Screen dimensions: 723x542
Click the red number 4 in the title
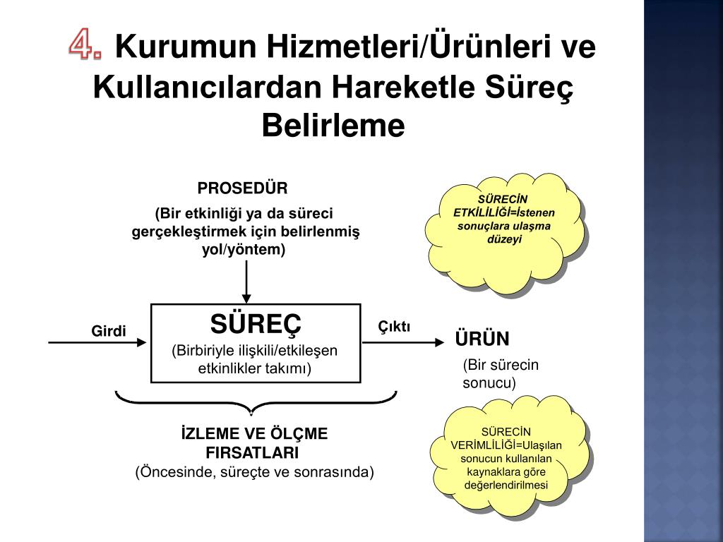[85, 47]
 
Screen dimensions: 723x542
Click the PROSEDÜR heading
[243, 188]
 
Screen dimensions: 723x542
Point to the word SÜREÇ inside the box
[256, 324]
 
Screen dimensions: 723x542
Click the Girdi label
[109, 331]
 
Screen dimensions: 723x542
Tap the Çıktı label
[394, 326]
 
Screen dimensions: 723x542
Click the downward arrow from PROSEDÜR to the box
[246, 282]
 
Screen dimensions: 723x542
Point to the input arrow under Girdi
[97, 343]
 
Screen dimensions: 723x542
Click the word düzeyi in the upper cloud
[503, 239]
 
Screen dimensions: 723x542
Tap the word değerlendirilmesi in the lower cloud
[506, 485]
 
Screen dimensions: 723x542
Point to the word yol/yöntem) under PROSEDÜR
[244, 249]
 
